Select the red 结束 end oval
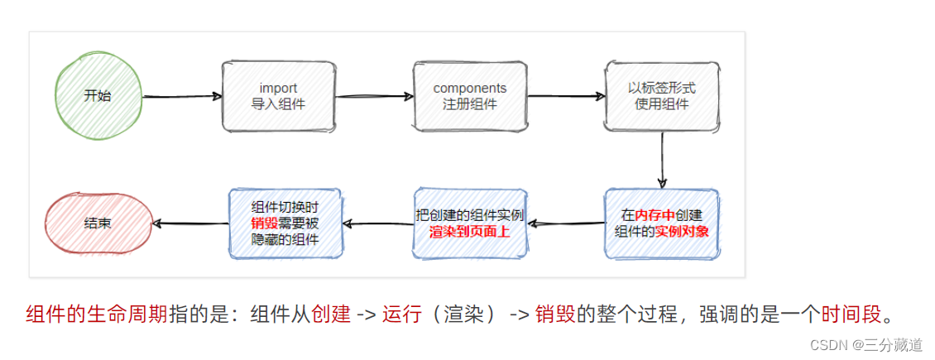pos(98,223)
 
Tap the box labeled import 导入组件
pos(278,96)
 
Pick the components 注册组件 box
pos(470,96)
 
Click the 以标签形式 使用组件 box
pos(661,96)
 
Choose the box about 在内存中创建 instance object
pos(661,223)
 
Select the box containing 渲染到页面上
pos(470,223)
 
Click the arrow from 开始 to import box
pos(182,96)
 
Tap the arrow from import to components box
pos(374,96)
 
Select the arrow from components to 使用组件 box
pos(565,96)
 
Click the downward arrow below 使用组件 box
pos(662,160)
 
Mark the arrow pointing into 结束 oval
pos(190,223)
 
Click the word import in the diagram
pos(278,88)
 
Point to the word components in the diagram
pos(470,88)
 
